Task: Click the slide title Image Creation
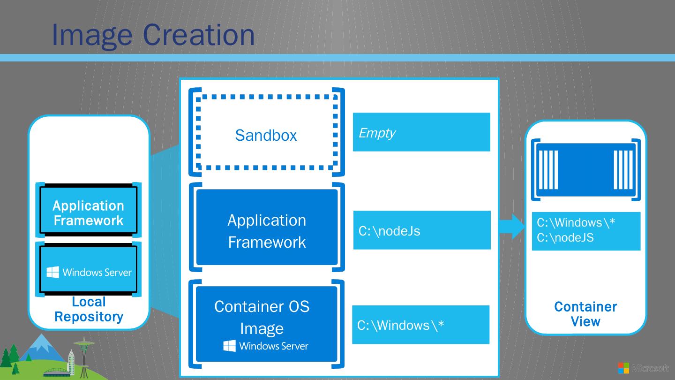[x=153, y=34]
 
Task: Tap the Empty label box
[x=421, y=132]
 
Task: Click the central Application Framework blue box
[x=267, y=228]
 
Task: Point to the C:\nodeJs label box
[x=421, y=230]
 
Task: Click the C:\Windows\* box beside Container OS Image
[x=420, y=325]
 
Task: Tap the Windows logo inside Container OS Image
[x=229, y=346]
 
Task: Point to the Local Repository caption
[x=89, y=309]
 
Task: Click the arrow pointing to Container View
[x=512, y=228]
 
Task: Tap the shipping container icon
[x=585, y=170]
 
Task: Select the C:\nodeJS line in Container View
[x=565, y=238]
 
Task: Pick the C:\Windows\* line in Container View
[x=576, y=222]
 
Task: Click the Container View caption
[x=585, y=314]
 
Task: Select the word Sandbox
[x=266, y=135]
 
